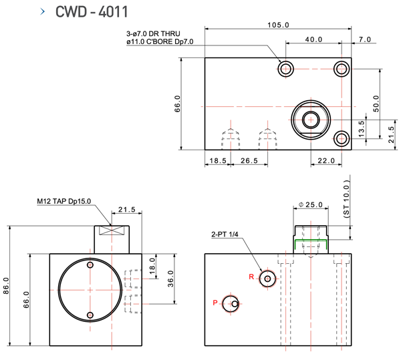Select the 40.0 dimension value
coord(313,40)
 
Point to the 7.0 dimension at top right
coord(364,40)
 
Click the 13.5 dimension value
coord(362,128)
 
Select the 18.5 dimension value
coord(217,161)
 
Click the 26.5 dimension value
coord(249,161)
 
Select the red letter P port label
coord(215,303)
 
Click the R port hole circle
coord(269,279)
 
